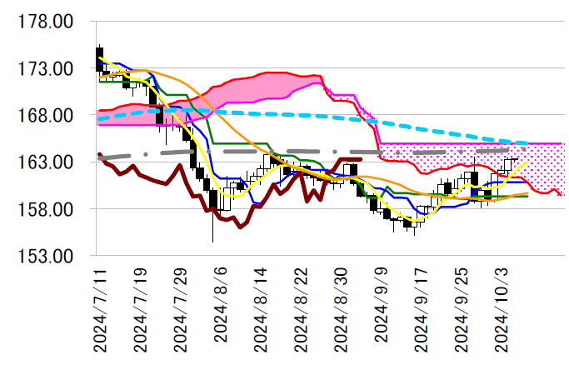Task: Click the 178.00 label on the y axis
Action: pyautogui.click(x=46, y=22)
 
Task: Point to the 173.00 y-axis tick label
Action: pyautogui.click(x=46, y=68)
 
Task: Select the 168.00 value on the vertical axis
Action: pyautogui.click(x=46, y=115)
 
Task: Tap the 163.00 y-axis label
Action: pyautogui.click(x=46, y=162)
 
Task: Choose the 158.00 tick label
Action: pyautogui.click(x=46, y=208)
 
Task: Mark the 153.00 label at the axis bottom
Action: pyautogui.click(x=46, y=255)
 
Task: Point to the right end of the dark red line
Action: pyautogui.click(x=361, y=158)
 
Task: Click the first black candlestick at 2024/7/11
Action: pyautogui.click(x=99, y=58)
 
